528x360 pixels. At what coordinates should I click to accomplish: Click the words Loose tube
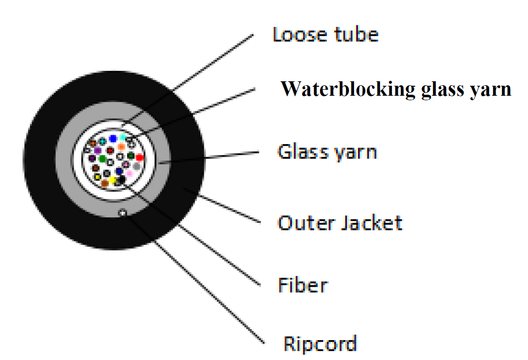(326, 35)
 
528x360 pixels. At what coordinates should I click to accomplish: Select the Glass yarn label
(327, 151)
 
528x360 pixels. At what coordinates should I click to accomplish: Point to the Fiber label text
(303, 285)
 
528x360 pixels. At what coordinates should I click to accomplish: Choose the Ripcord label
(320, 344)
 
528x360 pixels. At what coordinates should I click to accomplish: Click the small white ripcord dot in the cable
(123, 213)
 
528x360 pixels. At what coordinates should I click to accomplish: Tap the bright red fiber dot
(140, 158)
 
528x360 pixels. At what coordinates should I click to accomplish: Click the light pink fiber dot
(130, 173)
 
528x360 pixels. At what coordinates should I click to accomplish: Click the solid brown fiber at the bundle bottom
(105, 183)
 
